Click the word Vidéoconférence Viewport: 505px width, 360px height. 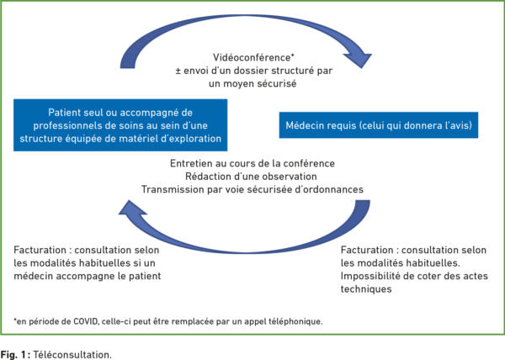(x=252, y=57)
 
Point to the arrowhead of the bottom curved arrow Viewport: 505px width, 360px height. (x=132, y=208)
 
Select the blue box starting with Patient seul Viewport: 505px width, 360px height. (x=120, y=125)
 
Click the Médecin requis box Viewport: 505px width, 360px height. (x=379, y=125)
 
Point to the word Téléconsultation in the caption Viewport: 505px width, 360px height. (x=72, y=355)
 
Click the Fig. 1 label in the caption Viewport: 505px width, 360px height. (x=15, y=355)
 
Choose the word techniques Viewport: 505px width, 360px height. (x=366, y=289)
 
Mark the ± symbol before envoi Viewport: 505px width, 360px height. (x=178, y=71)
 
